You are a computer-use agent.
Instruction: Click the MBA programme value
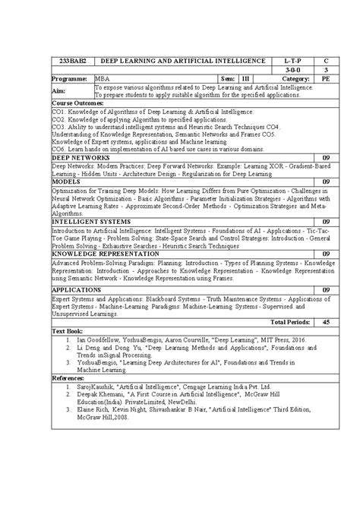(101, 78)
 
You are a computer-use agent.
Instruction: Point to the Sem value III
(245, 78)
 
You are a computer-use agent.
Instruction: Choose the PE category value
(325, 78)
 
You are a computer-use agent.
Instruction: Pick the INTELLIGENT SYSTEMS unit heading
(90, 221)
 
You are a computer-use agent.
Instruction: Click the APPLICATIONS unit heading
(76, 289)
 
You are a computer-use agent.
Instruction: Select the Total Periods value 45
(325, 322)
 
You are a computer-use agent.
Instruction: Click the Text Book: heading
(68, 332)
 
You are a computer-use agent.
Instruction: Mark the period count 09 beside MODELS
(325, 182)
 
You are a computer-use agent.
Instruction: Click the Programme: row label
(71, 78)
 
